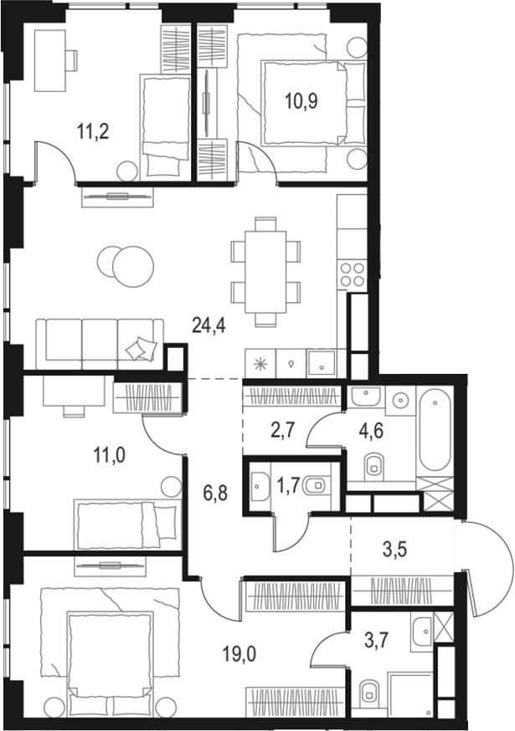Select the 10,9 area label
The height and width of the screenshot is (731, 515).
[298, 107]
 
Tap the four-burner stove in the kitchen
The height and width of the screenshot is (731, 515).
[352, 275]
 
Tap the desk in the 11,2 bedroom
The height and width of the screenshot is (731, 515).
[52, 60]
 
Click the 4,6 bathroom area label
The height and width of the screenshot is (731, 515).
[373, 432]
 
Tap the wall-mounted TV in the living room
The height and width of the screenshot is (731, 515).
[117, 197]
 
